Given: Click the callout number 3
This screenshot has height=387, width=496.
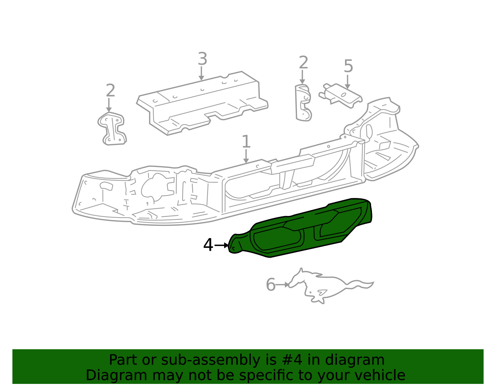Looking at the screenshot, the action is click(x=202, y=59).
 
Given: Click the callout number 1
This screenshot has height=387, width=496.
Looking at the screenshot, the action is click(x=246, y=141).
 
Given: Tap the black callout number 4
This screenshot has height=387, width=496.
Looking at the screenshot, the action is click(x=208, y=245).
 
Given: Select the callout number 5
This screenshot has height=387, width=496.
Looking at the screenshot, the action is click(x=348, y=66).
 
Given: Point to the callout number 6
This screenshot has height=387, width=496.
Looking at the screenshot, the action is click(x=271, y=285).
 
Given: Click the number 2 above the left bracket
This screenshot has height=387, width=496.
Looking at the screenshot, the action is click(x=110, y=90).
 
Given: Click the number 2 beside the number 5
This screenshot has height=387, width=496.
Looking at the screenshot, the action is click(x=303, y=62).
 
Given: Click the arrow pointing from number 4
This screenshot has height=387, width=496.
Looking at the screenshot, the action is click(x=221, y=245).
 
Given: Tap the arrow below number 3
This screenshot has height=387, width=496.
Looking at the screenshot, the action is click(x=201, y=73).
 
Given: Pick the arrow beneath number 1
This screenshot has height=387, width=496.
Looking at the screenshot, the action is click(x=246, y=156).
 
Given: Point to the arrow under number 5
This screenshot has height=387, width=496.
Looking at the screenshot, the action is click(x=348, y=81).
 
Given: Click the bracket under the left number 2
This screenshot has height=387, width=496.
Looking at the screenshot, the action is click(x=112, y=128).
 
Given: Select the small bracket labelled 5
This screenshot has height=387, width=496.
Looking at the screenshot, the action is click(x=340, y=96).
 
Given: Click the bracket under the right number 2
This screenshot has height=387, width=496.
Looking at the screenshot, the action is click(x=303, y=103).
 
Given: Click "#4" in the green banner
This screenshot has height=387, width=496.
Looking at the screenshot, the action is click(x=292, y=360).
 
